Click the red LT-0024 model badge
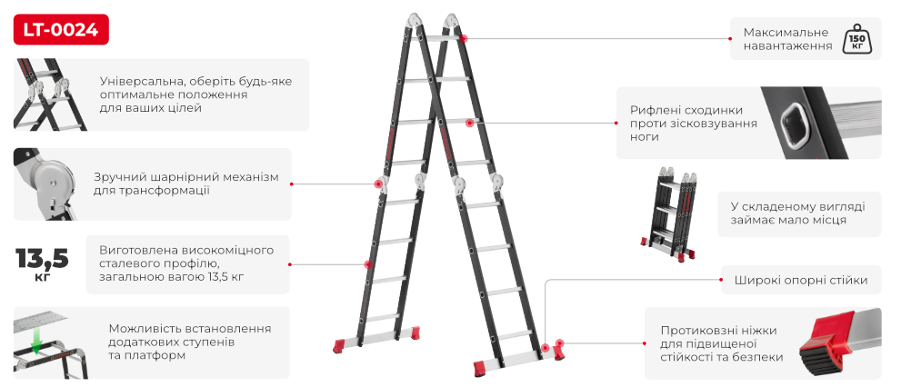pos(61,29)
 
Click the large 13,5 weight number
pos(43,259)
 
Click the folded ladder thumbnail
pos(669,214)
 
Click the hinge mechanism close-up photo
pos(45,184)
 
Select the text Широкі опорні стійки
pos(800,280)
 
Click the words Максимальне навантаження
pos(787,39)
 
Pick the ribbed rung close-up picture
pos(821,123)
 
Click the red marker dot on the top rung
pos(464,38)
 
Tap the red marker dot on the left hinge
pos(378,184)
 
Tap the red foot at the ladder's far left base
pos(339,345)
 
